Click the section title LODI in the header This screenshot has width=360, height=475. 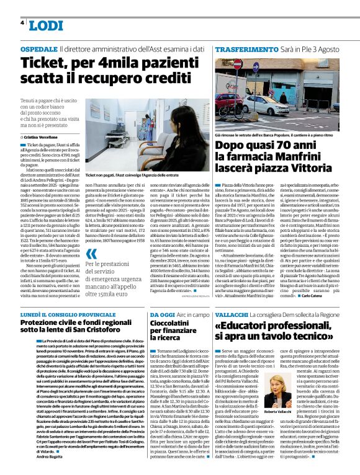point(46,25)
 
